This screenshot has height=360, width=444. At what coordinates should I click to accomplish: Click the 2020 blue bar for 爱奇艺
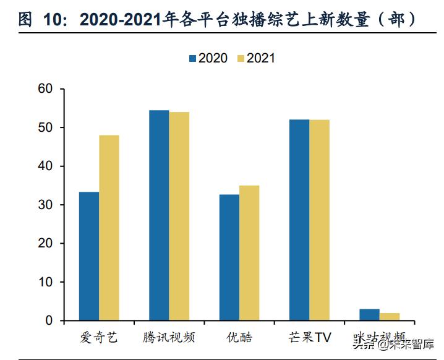click(89, 256)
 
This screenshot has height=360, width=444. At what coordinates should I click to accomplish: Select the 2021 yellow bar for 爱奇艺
click(109, 228)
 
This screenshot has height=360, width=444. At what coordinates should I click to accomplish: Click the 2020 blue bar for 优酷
click(229, 257)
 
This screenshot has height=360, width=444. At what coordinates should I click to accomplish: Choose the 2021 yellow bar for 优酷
click(249, 253)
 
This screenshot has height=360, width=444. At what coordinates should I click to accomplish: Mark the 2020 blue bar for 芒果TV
click(299, 220)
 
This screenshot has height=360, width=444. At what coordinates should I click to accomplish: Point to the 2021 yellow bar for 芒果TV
click(320, 220)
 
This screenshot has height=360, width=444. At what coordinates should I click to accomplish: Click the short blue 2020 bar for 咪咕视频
click(370, 315)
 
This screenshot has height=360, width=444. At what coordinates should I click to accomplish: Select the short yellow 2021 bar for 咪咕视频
click(390, 317)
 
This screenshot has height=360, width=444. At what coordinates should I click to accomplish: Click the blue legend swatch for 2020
click(192, 58)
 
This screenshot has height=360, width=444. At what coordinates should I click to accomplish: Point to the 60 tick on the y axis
click(47, 89)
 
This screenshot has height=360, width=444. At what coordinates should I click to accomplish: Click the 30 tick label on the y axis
click(47, 205)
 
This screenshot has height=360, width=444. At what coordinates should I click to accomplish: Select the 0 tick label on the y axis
click(50, 320)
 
